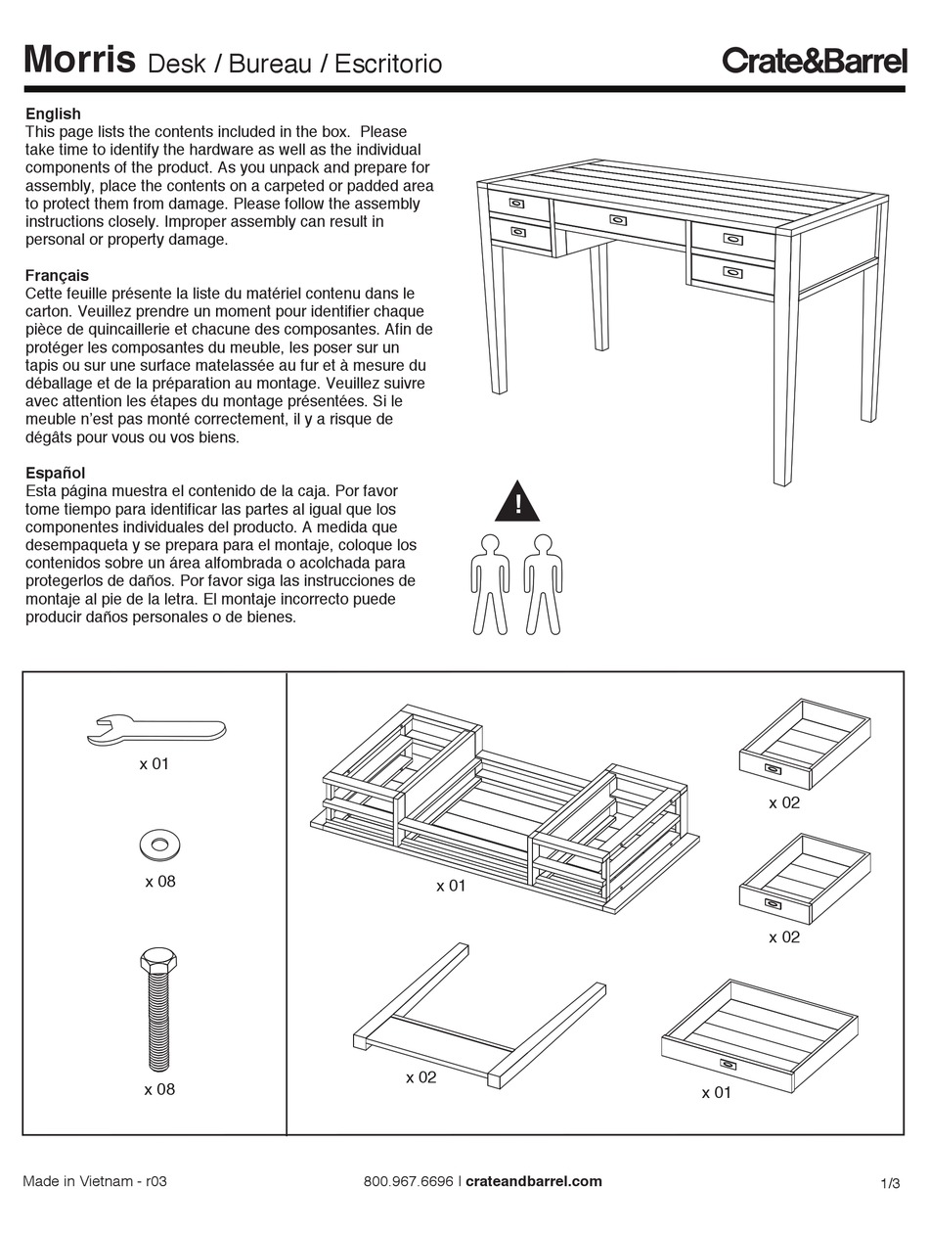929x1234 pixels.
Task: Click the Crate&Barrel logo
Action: (814, 61)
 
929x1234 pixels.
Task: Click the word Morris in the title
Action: (79, 60)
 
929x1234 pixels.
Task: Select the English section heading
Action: (53, 114)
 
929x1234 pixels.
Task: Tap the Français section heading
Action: (57, 275)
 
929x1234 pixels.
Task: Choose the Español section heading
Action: (55, 473)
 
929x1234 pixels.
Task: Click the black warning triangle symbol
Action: (517, 502)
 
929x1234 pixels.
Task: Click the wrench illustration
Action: (156, 729)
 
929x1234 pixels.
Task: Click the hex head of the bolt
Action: (159, 960)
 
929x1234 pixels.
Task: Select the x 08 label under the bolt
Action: (159, 1089)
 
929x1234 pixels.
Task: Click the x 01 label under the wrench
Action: (154, 763)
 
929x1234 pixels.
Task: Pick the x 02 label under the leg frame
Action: (421, 1077)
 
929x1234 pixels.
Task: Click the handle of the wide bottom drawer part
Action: (728, 1064)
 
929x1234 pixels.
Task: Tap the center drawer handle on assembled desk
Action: (618, 219)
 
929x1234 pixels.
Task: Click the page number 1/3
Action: (890, 1183)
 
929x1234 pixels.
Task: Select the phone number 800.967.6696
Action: (408, 1181)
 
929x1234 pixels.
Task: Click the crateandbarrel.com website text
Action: (534, 1181)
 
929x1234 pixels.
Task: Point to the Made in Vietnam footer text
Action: (95, 1181)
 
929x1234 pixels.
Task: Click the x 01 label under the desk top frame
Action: (451, 886)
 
